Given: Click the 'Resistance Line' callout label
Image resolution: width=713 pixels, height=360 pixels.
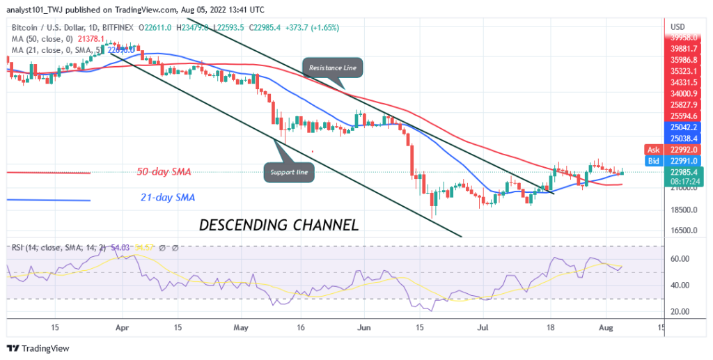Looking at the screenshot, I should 331,67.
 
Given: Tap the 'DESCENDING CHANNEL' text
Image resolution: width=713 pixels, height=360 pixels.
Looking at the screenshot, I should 279,225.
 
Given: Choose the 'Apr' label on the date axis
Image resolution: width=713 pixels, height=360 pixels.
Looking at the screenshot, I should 122,326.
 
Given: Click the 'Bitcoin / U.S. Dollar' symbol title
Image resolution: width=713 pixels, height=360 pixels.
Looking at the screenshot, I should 50,27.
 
